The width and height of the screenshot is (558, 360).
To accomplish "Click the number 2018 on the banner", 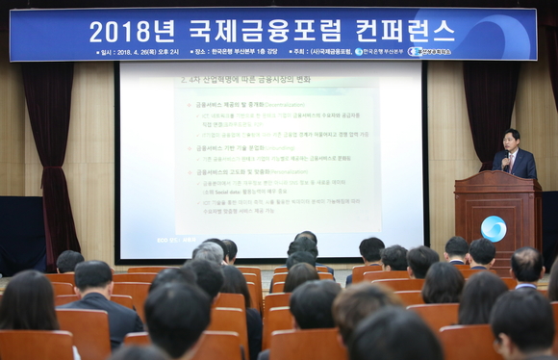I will (121, 31).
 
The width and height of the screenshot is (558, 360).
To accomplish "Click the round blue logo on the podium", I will (494, 228).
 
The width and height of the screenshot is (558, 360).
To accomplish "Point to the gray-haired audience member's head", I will (208, 252).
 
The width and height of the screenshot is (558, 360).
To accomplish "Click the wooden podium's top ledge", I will (497, 176).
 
